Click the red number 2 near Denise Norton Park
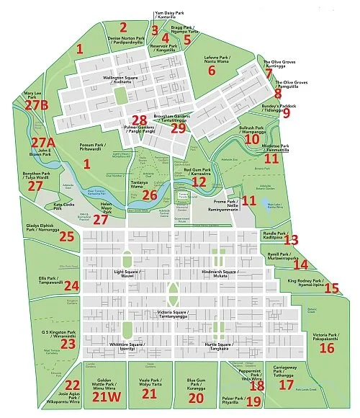coord(123,27)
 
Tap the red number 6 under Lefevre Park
coord(212,71)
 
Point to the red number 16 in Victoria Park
coord(327,347)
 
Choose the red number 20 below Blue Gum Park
coord(196,397)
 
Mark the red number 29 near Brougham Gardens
coord(178,128)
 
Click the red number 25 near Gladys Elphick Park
coord(67,236)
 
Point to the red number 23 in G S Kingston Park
coord(68,344)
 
